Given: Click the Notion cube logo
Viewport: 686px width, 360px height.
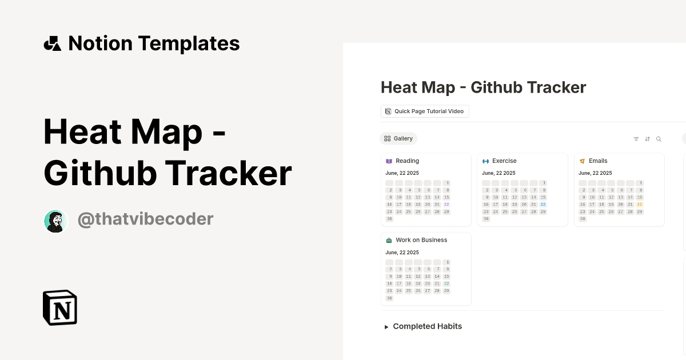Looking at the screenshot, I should coord(60,308).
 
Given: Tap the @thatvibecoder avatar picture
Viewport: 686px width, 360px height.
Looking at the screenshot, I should coord(55,221).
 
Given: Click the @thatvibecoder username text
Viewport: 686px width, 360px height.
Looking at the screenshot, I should coord(145,219).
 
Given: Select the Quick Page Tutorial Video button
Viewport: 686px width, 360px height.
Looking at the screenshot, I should coord(425,111).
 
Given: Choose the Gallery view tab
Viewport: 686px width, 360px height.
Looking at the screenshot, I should coord(398,138).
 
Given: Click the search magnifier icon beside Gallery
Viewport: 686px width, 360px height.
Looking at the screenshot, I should coord(659,139).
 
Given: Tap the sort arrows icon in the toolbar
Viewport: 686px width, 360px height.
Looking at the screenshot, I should coord(647,139).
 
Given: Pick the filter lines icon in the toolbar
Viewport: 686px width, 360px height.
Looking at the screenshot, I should coord(636,139).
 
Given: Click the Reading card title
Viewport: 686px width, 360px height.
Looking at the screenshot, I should coord(407,161).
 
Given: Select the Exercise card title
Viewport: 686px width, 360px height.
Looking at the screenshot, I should coord(504,161).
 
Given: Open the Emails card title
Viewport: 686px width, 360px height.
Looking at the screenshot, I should coord(598,161).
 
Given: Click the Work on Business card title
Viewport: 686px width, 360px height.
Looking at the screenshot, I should coord(421,240).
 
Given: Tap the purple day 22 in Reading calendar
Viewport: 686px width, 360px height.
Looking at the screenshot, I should coord(446,205).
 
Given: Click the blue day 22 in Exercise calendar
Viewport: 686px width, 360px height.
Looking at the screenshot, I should coord(543,205).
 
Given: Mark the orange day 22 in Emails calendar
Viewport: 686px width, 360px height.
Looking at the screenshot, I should coord(640,205).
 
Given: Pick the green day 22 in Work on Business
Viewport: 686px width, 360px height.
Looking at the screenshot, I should coord(446,284).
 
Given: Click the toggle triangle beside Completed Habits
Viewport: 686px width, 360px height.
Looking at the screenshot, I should coord(386,327).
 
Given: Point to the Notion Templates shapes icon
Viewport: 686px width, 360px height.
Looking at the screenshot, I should coord(53,43).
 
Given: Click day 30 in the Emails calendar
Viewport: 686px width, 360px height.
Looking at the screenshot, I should coord(583,219).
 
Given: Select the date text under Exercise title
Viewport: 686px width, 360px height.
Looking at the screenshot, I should coord(498,173).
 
